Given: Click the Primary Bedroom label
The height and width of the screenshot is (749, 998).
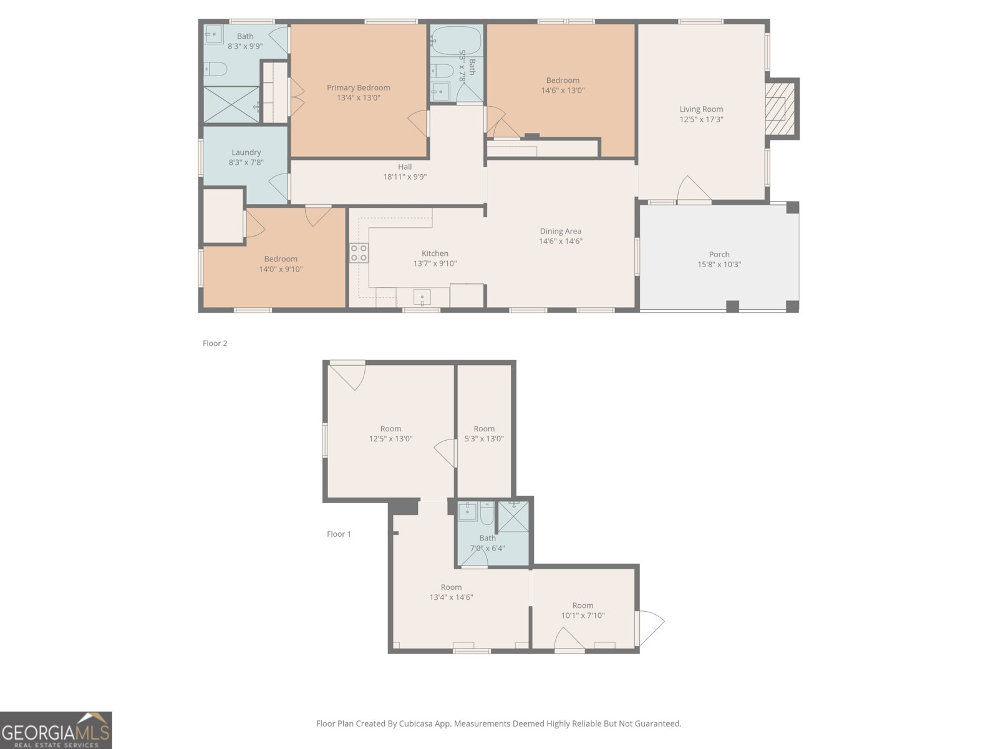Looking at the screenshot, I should (x=358, y=88).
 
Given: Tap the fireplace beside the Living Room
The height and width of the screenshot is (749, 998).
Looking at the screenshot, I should (x=780, y=109).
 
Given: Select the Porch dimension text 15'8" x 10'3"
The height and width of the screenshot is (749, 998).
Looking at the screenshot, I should (x=719, y=265).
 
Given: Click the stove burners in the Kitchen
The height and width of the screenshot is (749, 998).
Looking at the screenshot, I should (x=359, y=253).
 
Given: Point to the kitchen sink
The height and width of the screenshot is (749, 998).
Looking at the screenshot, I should (x=422, y=296).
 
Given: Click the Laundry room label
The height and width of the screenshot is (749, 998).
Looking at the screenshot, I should (x=246, y=152).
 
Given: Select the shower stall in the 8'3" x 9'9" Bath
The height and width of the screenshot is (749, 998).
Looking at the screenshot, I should (x=231, y=104).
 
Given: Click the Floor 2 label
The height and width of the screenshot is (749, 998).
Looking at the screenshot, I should (x=215, y=343).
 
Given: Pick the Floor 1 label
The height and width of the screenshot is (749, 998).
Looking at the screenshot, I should (x=339, y=534).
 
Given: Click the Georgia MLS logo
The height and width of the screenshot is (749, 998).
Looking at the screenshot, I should (x=56, y=730).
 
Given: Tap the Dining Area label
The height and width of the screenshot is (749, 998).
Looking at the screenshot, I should (x=560, y=232).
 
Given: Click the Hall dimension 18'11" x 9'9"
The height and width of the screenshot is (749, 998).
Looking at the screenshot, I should (x=405, y=177).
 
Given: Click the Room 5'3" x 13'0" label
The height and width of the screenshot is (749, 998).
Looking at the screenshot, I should (x=484, y=429).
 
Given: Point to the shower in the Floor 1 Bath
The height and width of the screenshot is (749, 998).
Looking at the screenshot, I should (x=513, y=517).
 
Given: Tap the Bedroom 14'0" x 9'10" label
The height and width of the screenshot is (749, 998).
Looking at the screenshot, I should (x=281, y=259).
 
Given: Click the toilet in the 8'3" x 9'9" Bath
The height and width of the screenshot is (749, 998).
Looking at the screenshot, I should (x=215, y=69).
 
